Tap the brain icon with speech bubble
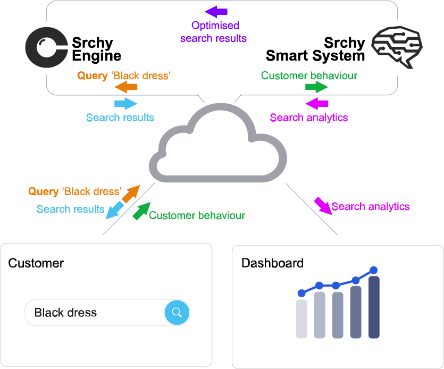click(x=397, y=47)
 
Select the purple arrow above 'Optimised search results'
click(x=216, y=11)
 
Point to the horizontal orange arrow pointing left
click(x=126, y=88)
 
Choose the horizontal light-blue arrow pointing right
click(x=126, y=103)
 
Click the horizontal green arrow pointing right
click(x=316, y=87)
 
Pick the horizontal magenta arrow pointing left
click(x=317, y=103)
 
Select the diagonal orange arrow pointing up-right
click(x=130, y=194)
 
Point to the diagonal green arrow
click(x=141, y=211)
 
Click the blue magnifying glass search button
click(x=177, y=313)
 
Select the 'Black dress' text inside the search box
click(x=65, y=313)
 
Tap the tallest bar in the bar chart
click(x=374, y=307)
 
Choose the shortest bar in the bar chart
click(x=301, y=318)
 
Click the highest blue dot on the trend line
click(x=373, y=270)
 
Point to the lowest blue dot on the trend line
click(x=301, y=293)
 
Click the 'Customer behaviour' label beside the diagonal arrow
click(x=197, y=215)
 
